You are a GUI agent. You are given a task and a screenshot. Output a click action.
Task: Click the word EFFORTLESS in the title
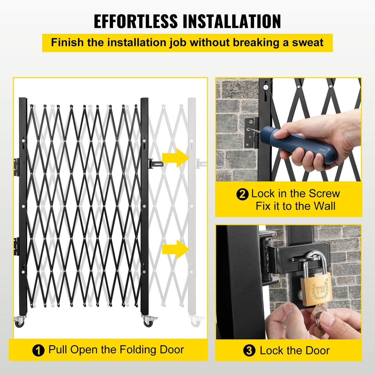[135, 21]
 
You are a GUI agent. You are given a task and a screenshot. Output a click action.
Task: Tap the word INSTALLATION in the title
[232, 21]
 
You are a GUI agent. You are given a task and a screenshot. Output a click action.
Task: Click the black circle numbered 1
[38, 351]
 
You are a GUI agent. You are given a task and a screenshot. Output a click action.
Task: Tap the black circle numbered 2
[242, 194]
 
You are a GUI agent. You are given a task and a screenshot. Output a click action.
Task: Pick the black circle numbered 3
[249, 351]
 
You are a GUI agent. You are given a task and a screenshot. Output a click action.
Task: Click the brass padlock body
[316, 289]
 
